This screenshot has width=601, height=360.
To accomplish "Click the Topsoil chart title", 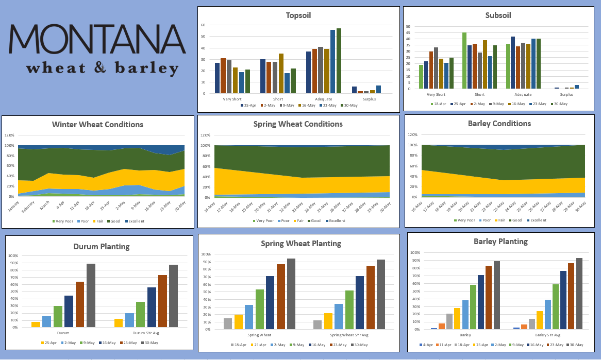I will pyautogui.click(x=298, y=15).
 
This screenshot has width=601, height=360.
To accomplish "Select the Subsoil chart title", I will pyautogui.click(x=498, y=15).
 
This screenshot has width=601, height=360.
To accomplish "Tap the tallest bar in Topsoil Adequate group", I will pyautogui.click(x=339, y=61).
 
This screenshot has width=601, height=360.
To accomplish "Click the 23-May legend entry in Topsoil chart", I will pyautogui.click(x=327, y=105).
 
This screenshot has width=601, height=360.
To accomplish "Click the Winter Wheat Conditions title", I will pyautogui.click(x=97, y=125).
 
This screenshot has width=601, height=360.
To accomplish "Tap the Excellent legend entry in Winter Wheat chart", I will pyautogui.click(x=133, y=221).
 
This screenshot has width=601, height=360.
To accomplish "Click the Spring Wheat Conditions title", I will pyautogui.click(x=298, y=124).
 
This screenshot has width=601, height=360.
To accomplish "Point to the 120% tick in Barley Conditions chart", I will pyautogui.click(x=413, y=134).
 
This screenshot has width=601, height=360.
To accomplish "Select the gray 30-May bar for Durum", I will pyautogui.click(x=91, y=296).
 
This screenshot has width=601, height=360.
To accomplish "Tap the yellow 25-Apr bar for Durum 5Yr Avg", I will pyautogui.click(x=119, y=323).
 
